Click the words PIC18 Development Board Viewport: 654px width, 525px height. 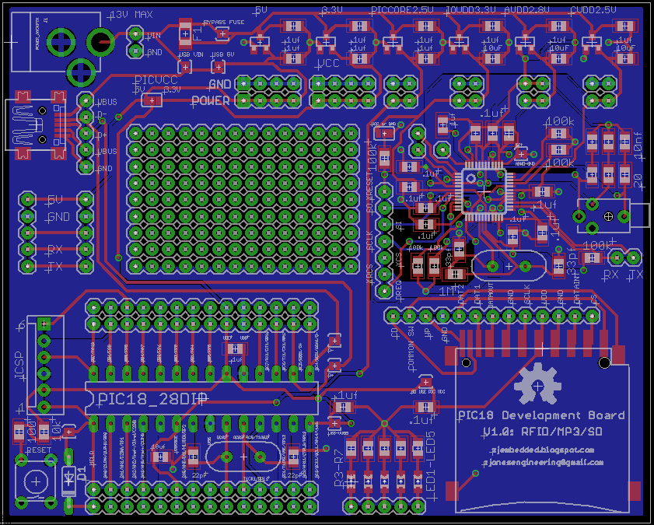pyautogui.click(x=541, y=415)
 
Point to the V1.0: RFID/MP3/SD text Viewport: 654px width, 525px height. pyautogui.click(x=542, y=432)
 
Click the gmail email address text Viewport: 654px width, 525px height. pyautogui.click(x=543, y=463)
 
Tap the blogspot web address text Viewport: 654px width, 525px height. pyautogui.click(x=543, y=450)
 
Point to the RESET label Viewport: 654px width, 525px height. pyautogui.click(x=39, y=450)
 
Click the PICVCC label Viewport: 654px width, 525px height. pyautogui.click(x=155, y=79)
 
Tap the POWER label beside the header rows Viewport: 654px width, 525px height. pyautogui.click(x=210, y=100)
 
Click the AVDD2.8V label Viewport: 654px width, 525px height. pyautogui.click(x=526, y=10)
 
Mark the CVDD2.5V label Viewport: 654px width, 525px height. pyautogui.click(x=593, y=10)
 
